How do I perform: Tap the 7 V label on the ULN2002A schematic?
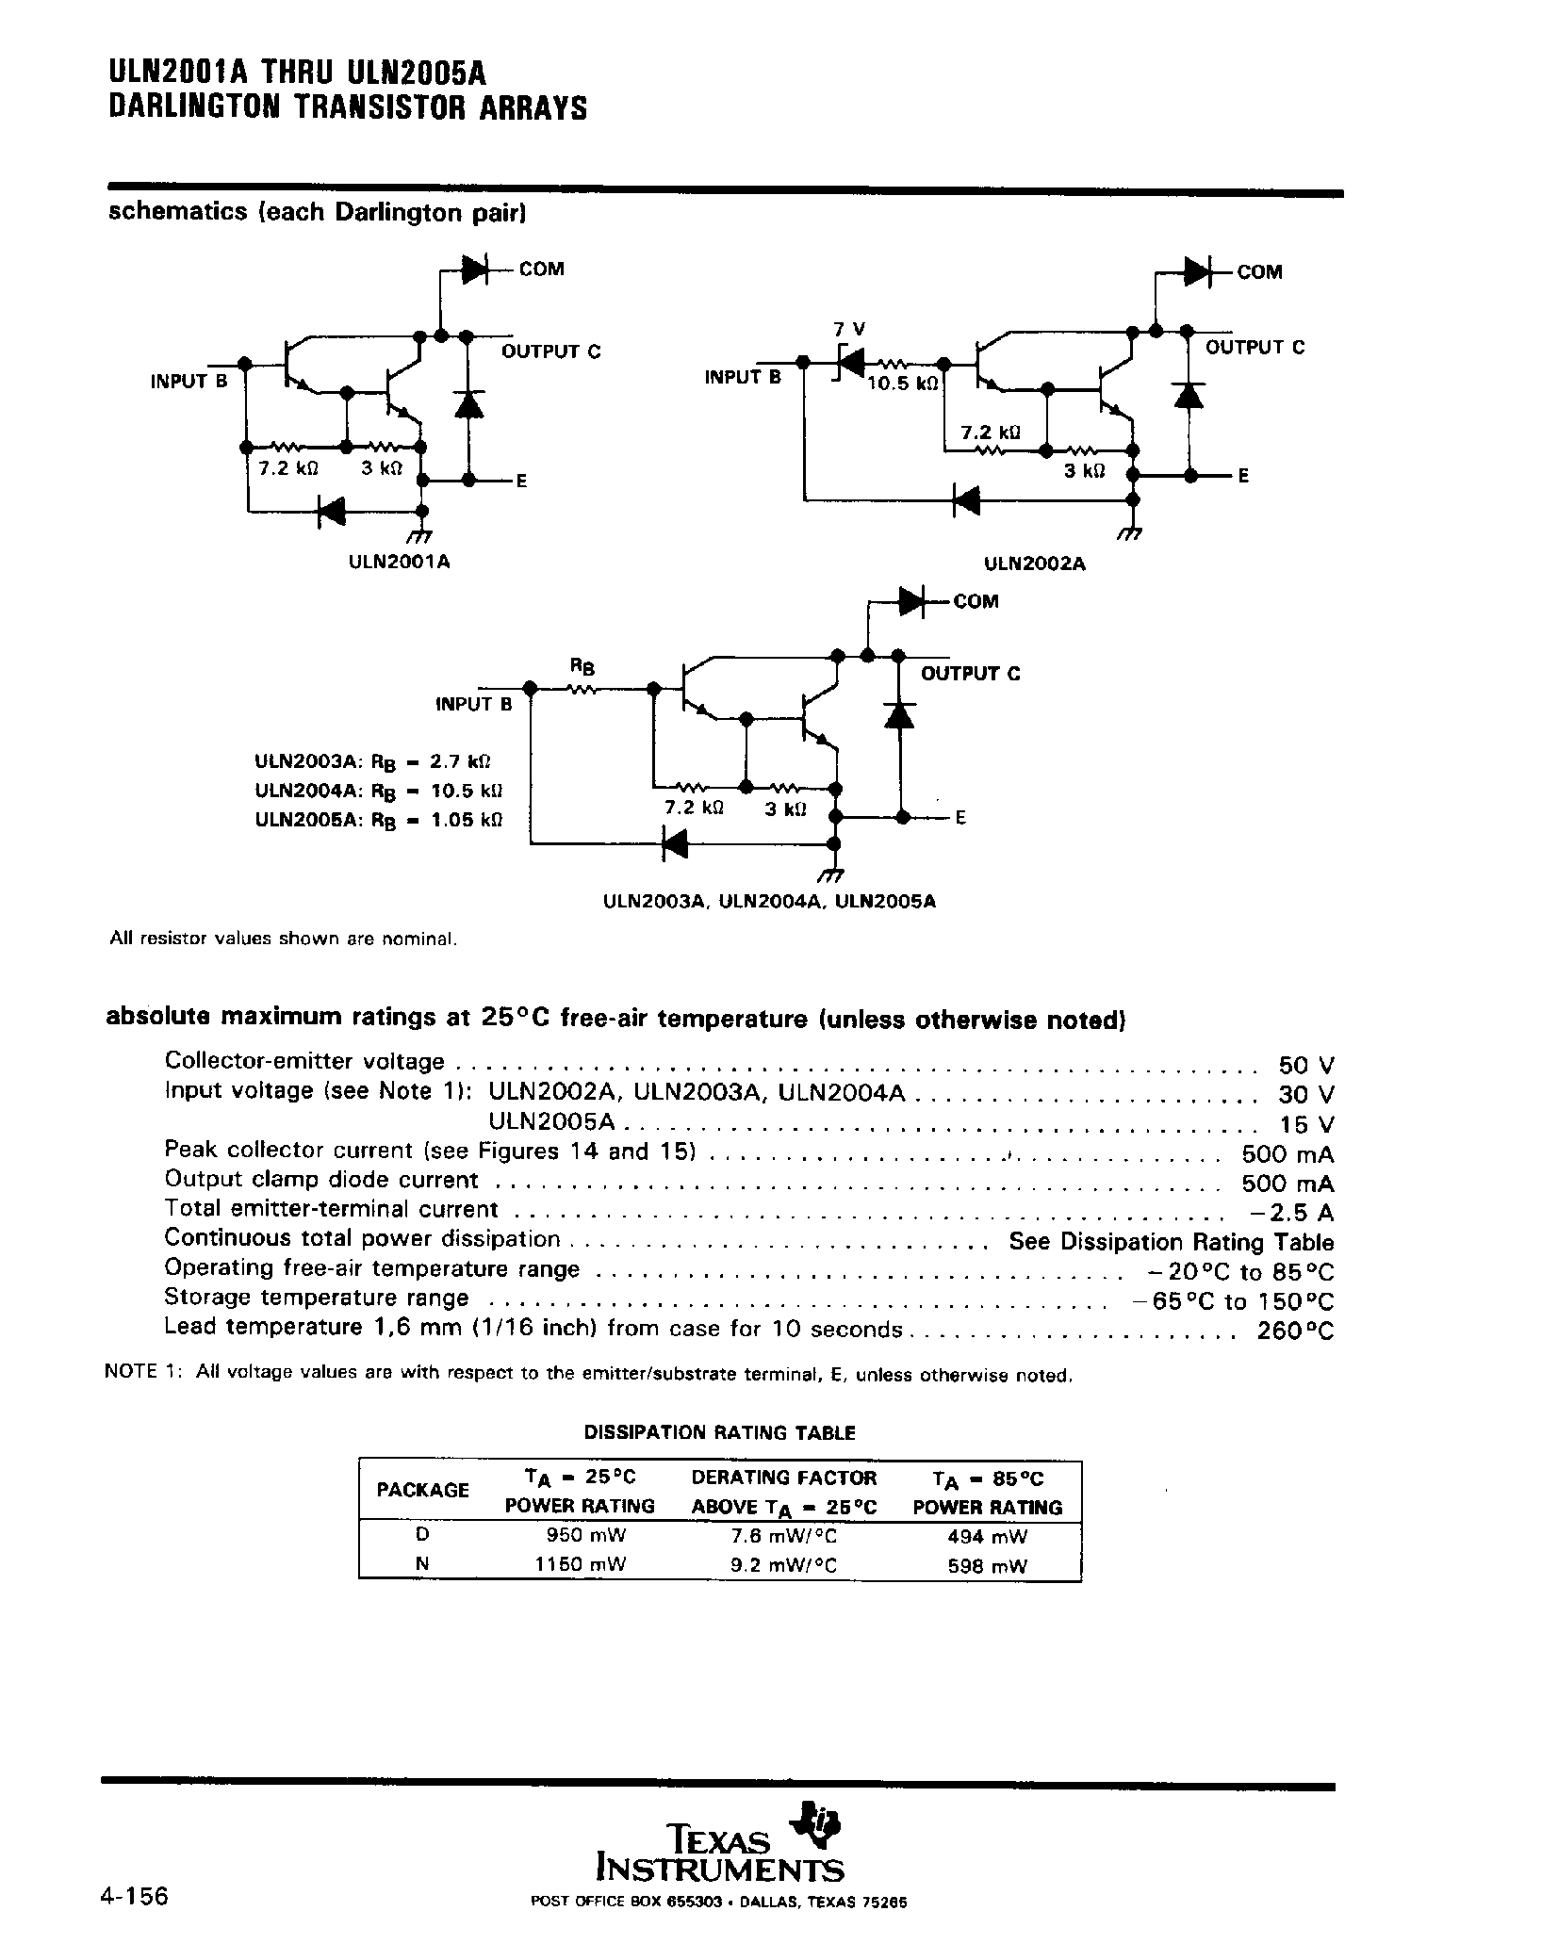(x=849, y=329)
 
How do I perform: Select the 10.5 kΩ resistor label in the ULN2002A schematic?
(x=903, y=384)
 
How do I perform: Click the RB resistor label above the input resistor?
(x=582, y=668)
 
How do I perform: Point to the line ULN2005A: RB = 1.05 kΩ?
(x=378, y=819)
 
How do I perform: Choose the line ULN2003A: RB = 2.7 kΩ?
(x=373, y=760)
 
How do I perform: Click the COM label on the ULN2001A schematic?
(x=541, y=269)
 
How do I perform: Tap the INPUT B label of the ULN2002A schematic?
(x=743, y=377)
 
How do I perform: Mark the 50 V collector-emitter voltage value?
(x=1305, y=1065)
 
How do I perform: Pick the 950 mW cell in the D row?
(x=586, y=1535)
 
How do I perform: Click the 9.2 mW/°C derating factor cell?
(x=784, y=1565)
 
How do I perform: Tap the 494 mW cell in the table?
(x=987, y=1536)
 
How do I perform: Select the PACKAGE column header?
(x=422, y=1490)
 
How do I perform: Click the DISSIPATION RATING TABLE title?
(x=719, y=1432)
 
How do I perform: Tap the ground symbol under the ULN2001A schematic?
(x=420, y=534)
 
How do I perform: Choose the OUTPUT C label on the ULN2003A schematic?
(x=970, y=674)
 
